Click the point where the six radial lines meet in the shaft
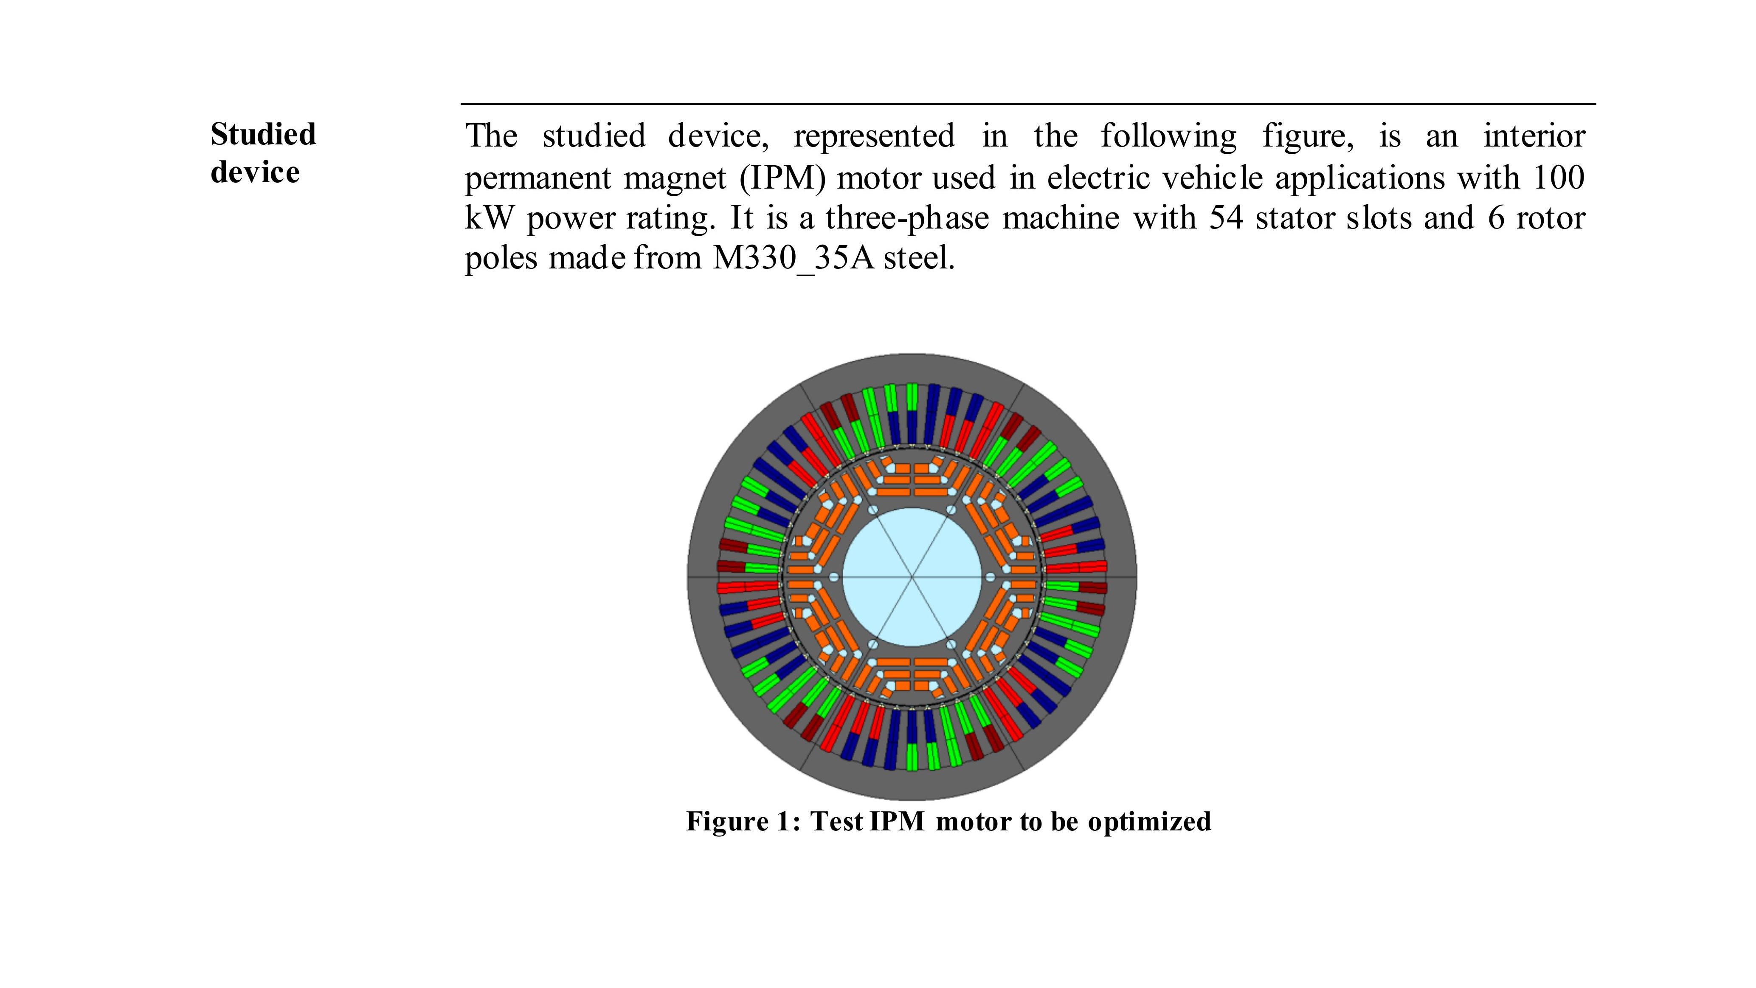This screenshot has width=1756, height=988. click(912, 577)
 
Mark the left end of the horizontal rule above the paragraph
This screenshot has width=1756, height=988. click(462, 104)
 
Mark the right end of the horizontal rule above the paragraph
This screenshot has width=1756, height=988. click(1596, 104)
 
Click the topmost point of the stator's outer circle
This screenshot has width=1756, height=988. click(912, 353)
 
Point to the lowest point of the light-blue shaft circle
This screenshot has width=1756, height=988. click(912, 647)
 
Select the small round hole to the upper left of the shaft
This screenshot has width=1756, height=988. click(873, 510)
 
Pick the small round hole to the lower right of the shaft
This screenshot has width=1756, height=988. click(951, 644)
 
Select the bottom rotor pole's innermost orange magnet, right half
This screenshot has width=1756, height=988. click(931, 662)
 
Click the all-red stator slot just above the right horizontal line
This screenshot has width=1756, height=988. click(1076, 567)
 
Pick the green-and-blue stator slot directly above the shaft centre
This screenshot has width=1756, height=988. click(912, 414)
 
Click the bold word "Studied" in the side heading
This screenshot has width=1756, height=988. click(263, 134)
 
